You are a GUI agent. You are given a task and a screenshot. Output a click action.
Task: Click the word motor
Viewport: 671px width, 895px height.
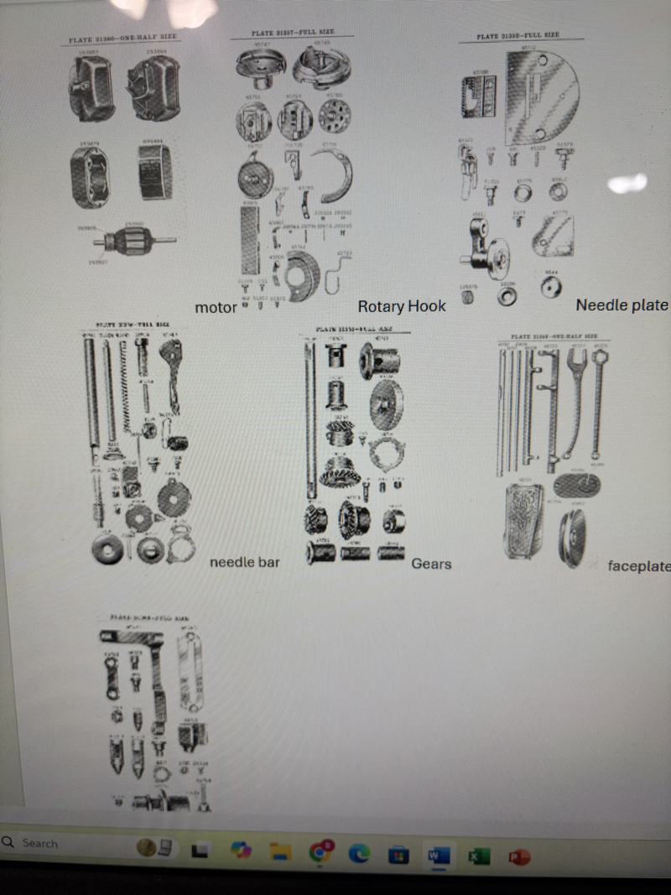(216, 308)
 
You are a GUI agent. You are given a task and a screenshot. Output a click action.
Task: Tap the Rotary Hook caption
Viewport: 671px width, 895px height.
(402, 306)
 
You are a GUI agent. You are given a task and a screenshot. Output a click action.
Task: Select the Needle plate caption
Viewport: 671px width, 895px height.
(622, 304)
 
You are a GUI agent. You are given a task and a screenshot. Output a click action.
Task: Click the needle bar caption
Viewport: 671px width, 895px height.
(244, 561)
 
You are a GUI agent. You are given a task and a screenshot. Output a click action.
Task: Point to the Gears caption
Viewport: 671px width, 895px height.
(431, 564)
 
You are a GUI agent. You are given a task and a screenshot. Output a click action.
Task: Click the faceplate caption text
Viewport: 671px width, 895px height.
(639, 566)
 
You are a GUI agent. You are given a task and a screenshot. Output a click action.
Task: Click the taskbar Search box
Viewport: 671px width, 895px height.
(50, 843)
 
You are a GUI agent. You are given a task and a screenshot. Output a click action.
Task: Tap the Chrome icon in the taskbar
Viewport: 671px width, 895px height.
(320, 853)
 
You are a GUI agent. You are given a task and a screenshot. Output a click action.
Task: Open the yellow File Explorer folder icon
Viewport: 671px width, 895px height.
(279, 852)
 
